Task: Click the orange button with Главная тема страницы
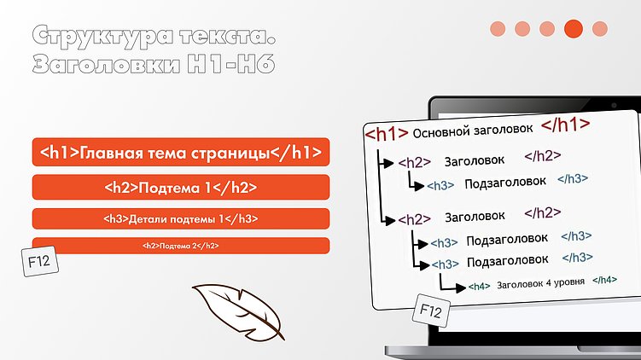[180, 154]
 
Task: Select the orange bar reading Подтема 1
[180, 188]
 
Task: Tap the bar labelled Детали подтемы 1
[180, 218]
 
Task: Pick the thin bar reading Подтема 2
[180, 246]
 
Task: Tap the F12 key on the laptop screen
[430, 311]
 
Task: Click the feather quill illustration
[236, 309]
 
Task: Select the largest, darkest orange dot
[574, 28]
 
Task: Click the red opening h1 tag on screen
[385, 134]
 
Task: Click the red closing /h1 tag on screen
[565, 125]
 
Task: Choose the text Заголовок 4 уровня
[539, 283]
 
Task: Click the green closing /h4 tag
[604, 279]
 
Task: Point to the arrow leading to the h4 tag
[452, 283]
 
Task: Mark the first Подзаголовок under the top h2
[504, 183]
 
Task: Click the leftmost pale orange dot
[498, 29]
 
